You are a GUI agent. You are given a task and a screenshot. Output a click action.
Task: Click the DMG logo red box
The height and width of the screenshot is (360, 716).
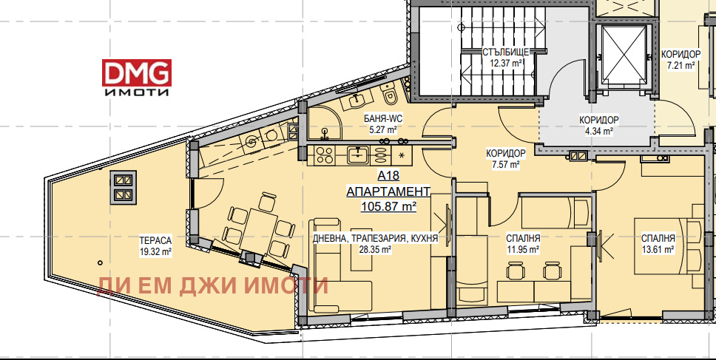pyautogui.click(x=137, y=72)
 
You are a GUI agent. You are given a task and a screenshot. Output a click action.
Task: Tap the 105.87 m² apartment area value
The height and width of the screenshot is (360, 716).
pyautogui.click(x=388, y=206)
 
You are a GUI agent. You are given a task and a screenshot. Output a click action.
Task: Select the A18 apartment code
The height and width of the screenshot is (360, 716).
pyautogui.click(x=388, y=176)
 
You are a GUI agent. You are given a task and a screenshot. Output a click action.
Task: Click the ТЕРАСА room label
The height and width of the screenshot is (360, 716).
pyautogui.click(x=155, y=240)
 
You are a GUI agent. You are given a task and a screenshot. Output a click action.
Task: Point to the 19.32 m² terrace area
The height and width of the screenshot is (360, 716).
pyautogui.click(x=155, y=251)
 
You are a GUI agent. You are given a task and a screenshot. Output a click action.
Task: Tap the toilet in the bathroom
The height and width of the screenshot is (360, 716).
pyautogui.click(x=391, y=95)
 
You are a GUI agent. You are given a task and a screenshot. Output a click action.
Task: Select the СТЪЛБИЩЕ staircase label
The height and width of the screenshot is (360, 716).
pyautogui.click(x=505, y=52)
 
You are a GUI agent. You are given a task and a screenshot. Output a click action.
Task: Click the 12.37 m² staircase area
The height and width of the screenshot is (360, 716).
pyautogui.click(x=505, y=64)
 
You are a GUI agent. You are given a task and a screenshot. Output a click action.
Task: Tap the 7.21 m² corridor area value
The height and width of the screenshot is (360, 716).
pyautogui.click(x=681, y=65)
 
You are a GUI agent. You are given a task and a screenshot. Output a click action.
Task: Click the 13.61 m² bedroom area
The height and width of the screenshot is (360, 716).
pyautogui.click(x=658, y=250)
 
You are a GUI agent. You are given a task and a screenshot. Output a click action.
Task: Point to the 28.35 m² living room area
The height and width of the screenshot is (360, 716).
pyautogui.click(x=375, y=250)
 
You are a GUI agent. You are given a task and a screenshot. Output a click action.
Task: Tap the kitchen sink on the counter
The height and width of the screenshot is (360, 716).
pyautogui.click(x=358, y=154)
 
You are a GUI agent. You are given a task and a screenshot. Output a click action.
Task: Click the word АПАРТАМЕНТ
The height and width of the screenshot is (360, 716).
pyautogui.click(x=388, y=191)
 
